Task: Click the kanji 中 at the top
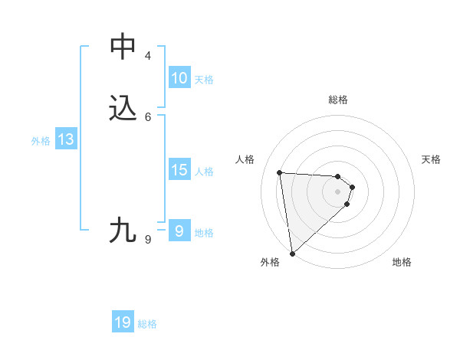point(123,47)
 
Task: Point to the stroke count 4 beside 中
point(147,56)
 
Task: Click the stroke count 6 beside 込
point(147,116)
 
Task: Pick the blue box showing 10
point(179,78)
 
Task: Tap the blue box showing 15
point(179,170)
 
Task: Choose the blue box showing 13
point(65,139)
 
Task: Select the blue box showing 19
point(123,322)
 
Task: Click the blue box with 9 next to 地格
point(179,231)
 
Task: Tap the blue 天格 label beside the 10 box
point(204,80)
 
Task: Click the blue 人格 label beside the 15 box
point(205,172)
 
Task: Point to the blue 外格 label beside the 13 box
point(41,141)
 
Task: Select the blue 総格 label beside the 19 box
point(147,324)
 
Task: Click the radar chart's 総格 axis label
point(338,100)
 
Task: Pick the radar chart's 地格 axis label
point(402,262)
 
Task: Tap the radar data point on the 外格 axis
point(291,253)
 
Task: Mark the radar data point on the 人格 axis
point(280,172)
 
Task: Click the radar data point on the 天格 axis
point(352,187)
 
